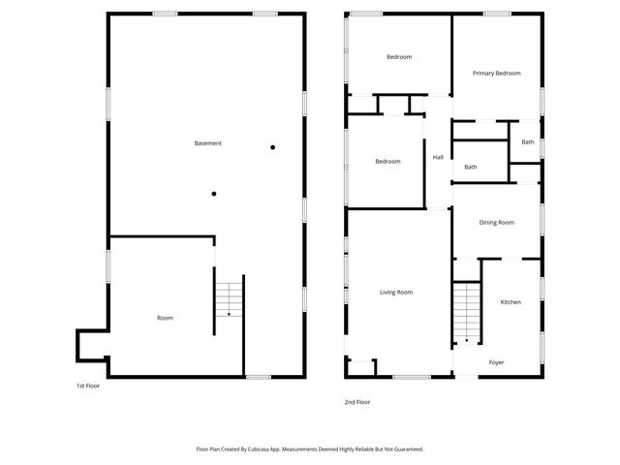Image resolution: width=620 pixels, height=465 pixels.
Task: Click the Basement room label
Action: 208,143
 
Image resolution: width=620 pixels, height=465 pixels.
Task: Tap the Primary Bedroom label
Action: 497,74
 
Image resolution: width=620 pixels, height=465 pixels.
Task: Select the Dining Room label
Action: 496,223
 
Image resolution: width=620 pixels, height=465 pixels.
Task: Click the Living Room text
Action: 396,292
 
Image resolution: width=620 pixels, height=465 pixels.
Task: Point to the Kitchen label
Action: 511,302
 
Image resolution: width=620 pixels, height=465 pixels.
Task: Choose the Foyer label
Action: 496,362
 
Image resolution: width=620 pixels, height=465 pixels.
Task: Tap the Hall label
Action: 438,158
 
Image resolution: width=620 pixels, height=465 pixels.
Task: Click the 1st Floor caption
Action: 88,386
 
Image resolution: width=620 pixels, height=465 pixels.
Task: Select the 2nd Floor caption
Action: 356,402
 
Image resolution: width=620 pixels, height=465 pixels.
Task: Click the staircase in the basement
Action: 228,297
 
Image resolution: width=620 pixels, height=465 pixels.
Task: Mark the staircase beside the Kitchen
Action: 467,310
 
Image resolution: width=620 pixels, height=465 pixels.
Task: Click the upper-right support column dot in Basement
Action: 273,147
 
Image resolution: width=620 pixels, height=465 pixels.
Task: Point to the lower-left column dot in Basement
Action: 214,194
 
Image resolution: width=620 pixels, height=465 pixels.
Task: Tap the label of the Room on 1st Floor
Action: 166,318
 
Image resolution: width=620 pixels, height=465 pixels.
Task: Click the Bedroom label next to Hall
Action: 387,162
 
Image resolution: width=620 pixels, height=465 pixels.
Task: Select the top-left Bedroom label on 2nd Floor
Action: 399,57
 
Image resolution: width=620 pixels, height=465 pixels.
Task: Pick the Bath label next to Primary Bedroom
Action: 527,142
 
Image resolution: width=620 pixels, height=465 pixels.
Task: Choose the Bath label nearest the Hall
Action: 470,167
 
